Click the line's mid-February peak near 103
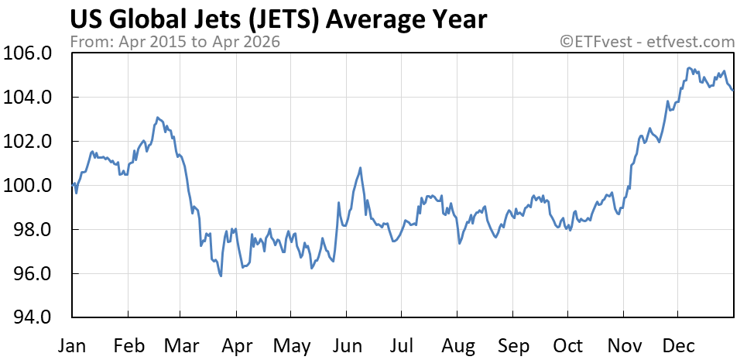coord(157,118)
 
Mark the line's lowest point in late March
coord(221,276)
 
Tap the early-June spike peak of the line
coord(361,167)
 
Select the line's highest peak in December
coord(688,68)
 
